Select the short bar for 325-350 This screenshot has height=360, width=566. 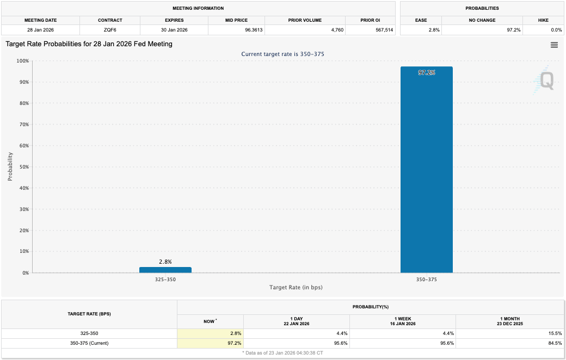[165, 270]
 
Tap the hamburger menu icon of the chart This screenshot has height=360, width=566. [554, 45]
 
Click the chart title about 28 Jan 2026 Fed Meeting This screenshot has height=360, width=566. [89, 44]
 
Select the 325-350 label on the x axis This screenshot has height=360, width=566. [165, 279]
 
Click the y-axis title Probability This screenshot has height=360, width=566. [10, 166]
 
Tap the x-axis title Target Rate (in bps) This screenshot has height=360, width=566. [296, 287]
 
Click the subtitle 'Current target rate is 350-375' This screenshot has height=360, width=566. [283, 54]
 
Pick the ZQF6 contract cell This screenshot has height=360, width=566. [110, 30]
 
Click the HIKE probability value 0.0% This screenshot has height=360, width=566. [556, 30]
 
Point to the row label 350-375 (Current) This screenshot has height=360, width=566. [89, 343]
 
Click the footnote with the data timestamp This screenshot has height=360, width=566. [282, 353]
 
